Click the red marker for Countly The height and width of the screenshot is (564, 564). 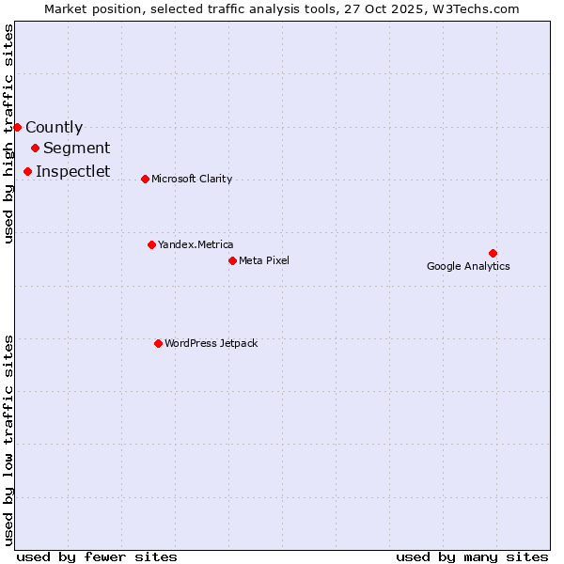[17, 127]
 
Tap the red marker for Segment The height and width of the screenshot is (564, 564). [35, 148]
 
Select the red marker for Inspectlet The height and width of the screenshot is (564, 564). [27, 171]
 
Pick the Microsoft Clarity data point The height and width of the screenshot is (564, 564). [145, 179]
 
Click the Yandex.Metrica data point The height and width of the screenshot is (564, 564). [151, 244]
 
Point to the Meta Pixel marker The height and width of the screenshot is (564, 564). [232, 260]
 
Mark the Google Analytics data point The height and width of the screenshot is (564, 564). [493, 253]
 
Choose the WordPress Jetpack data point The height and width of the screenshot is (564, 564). [158, 343]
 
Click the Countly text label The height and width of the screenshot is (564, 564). [54, 128]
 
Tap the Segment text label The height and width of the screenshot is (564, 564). [76, 149]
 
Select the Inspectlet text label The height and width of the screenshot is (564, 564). [72, 172]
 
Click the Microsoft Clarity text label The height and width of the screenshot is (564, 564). [192, 180]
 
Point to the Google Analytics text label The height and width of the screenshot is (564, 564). [468, 266]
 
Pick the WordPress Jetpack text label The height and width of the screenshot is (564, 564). [211, 344]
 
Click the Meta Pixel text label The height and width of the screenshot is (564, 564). [264, 260]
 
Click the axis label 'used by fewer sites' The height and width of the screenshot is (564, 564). [97, 556]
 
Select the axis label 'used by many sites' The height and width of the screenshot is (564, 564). [472, 556]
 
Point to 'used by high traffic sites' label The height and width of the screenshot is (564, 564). [8, 133]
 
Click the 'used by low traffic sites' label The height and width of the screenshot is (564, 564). [8, 438]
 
